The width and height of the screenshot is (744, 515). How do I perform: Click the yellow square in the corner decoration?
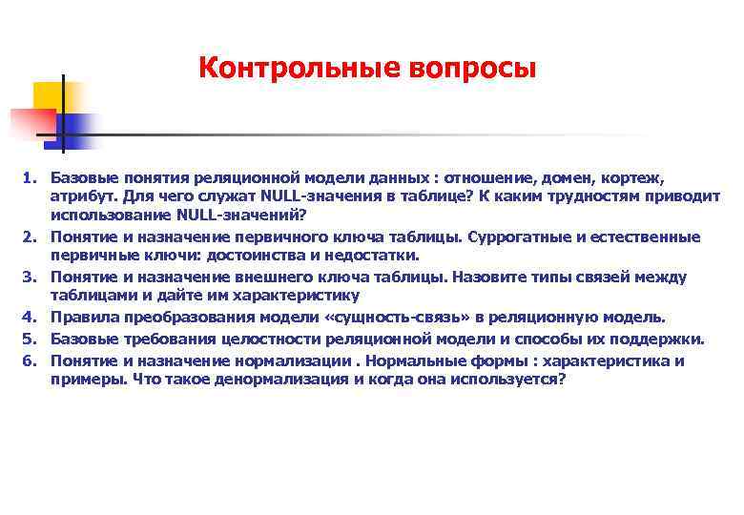coord(52,95)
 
